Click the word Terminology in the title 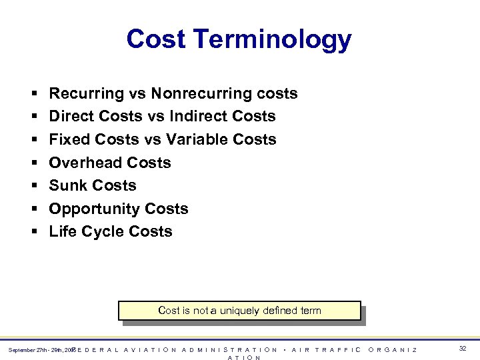(x=273, y=40)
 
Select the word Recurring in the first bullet (x=87, y=93)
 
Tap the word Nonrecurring (x=206, y=93)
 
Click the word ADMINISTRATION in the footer (x=229, y=349)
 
